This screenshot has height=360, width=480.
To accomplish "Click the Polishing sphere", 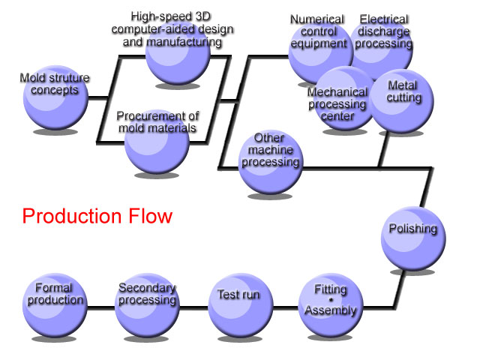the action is (413, 238).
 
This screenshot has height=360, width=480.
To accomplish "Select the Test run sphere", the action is (241, 305).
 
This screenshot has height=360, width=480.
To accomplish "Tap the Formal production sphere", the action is (55, 305).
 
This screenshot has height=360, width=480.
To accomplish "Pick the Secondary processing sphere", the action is (147, 305).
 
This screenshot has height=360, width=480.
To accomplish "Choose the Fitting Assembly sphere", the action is (331, 305).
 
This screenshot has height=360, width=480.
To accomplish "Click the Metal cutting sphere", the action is (402, 101).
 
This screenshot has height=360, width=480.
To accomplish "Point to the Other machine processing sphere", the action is (271, 162).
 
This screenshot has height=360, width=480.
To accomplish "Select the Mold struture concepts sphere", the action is (55, 97).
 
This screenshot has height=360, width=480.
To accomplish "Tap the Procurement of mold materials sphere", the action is (157, 142).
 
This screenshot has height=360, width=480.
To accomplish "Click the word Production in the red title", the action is (72, 216).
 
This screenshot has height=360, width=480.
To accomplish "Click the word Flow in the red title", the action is (150, 216).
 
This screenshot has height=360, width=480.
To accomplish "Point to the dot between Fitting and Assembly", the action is (331, 300).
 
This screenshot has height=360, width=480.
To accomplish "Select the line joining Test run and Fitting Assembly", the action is (286, 307).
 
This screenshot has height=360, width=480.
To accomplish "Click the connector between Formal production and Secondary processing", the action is (101, 307).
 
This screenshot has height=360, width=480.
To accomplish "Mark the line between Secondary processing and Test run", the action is (194, 307).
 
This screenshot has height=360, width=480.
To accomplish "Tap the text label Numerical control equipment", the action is (318, 31).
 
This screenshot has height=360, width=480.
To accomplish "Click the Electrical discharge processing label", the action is (383, 31).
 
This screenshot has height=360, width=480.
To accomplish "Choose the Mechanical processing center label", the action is (337, 104).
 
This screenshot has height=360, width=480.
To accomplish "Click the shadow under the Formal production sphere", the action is (54, 339).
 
